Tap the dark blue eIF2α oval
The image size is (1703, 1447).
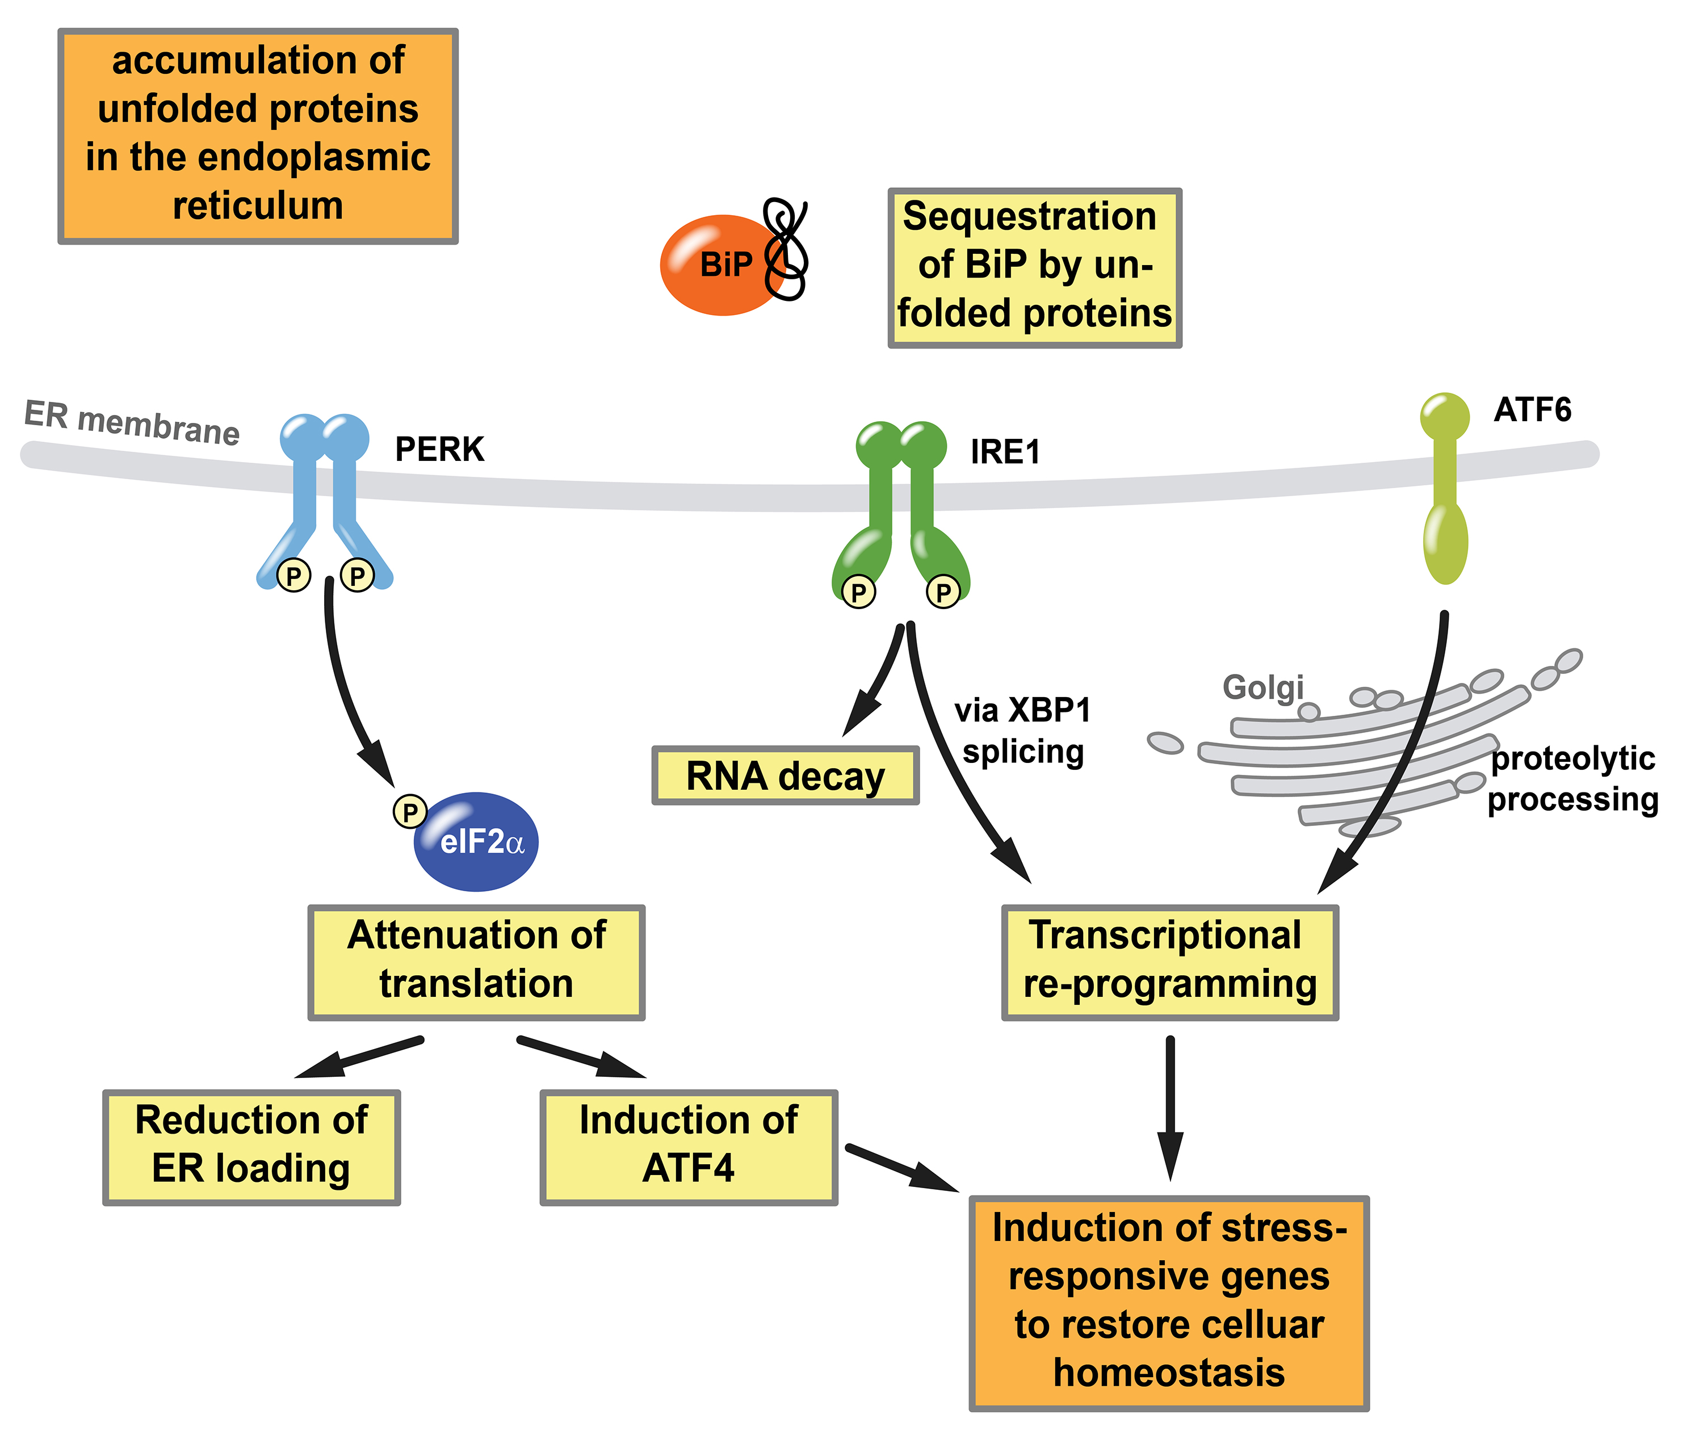(477, 842)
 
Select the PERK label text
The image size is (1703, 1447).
(440, 450)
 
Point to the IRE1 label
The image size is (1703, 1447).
(1005, 452)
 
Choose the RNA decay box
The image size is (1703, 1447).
(785, 776)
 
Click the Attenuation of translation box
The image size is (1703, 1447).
(476, 962)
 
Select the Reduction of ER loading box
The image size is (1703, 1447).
(251, 1147)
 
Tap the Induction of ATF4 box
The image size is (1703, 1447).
(688, 1147)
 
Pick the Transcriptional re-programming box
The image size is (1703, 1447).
(1169, 962)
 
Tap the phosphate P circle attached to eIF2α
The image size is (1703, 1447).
(409, 811)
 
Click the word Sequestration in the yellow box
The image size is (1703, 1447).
(1030, 216)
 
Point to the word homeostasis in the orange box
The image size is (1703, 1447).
(1169, 1373)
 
